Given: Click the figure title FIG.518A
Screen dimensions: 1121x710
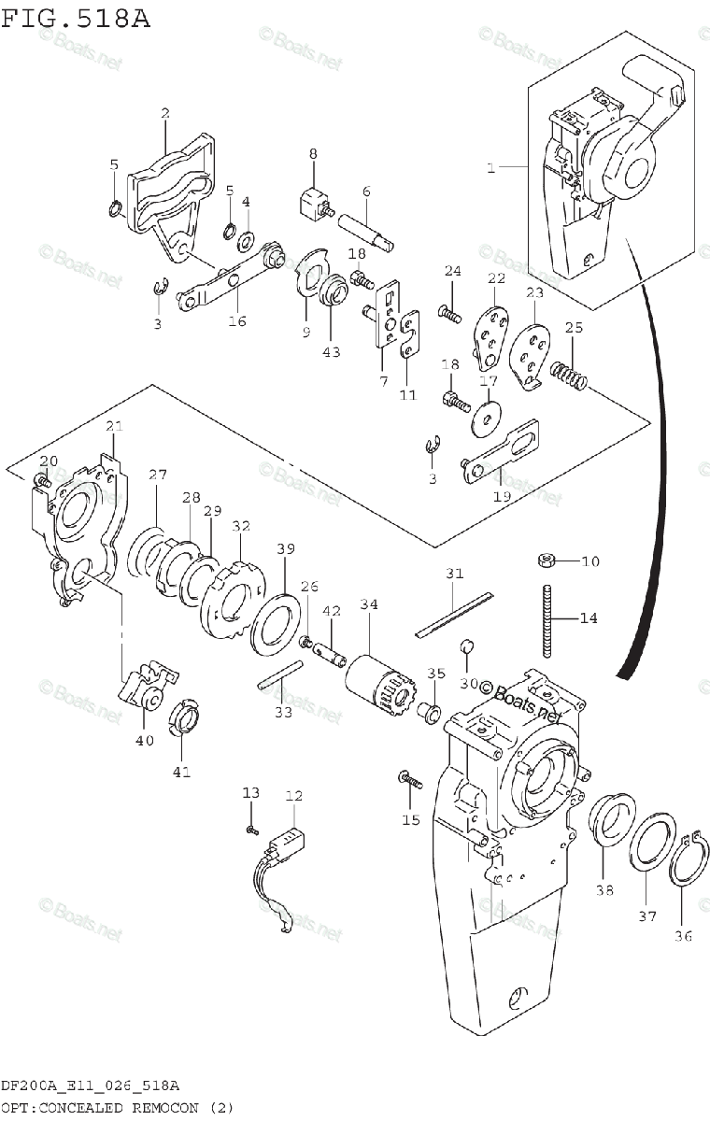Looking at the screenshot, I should (x=75, y=19).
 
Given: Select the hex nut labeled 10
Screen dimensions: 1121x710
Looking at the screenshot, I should (x=547, y=560).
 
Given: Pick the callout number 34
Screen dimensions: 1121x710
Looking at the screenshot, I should (x=369, y=605).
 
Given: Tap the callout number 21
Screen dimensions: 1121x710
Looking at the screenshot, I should (x=114, y=427).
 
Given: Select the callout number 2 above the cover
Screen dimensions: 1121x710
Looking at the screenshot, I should (x=165, y=114).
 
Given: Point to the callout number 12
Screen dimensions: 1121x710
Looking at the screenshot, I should (x=294, y=796).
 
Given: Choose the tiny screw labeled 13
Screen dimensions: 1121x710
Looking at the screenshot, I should (x=251, y=830).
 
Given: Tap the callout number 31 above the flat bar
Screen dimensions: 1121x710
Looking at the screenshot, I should (x=454, y=574).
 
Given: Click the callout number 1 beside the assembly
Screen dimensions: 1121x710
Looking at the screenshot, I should (x=490, y=168).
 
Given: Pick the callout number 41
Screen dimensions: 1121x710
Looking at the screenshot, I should (x=181, y=772).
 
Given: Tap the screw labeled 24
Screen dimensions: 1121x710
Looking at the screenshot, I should (x=449, y=314).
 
